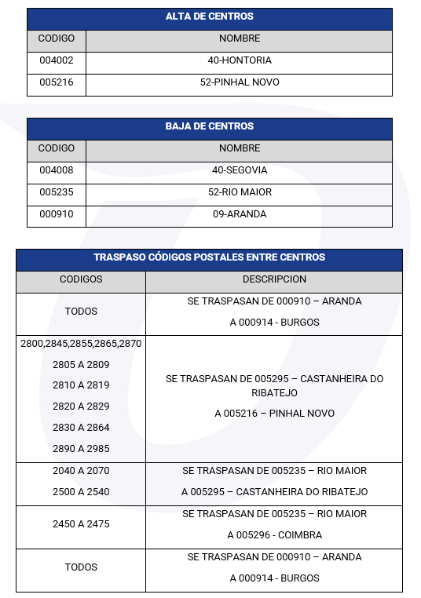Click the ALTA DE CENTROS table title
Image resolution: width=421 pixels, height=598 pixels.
tap(209, 16)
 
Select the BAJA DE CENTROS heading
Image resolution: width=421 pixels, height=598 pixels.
tap(209, 126)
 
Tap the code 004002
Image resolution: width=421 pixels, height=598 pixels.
tap(56, 60)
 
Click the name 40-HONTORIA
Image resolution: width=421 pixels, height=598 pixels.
tap(240, 60)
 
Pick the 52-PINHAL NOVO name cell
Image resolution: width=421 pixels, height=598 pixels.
tap(240, 82)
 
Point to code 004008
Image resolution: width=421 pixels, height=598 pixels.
tap(56, 170)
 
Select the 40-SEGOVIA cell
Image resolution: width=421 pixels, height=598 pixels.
tap(240, 170)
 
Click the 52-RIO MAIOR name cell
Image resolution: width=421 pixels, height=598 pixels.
tap(240, 192)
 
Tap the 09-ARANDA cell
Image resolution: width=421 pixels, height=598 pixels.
tap(240, 214)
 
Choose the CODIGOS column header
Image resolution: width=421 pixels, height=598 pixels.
tap(81, 279)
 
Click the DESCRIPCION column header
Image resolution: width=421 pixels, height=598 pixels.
tap(274, 279)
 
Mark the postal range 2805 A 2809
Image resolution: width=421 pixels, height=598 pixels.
tap(81, 365)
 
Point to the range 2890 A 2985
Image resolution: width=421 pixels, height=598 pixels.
tap(81, 449)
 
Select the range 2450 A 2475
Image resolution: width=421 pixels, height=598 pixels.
tap(81, 523)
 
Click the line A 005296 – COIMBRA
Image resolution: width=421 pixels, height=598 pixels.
tap(274, 535)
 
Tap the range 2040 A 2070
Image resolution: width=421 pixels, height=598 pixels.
tap(81, 471)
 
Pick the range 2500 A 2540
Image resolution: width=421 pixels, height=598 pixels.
tap(81, 492)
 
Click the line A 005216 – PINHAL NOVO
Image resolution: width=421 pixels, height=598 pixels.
tap(274, 414)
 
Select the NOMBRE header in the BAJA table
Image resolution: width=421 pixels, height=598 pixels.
tap(240, 148)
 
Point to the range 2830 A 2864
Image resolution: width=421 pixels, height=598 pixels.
tap(81, 428)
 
